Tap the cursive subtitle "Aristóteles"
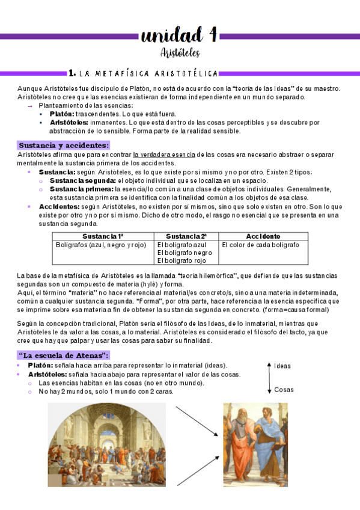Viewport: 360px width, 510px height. click(x=180, y=53)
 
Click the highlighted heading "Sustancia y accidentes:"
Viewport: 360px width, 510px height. click(x=64, y=146)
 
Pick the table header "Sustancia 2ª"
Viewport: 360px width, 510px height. click(x=186, y=236)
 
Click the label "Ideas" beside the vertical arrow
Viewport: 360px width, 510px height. click(x=282, y=366)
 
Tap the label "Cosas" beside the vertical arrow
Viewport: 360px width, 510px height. click(x=284, y=389)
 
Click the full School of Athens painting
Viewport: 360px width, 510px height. click(x=106, y=444)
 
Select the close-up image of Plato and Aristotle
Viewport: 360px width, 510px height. click(x=255, y=444)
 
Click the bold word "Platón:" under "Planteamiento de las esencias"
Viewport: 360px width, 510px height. click(x=62, y=114)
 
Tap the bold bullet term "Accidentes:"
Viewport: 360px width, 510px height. click(x=57, y=206)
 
